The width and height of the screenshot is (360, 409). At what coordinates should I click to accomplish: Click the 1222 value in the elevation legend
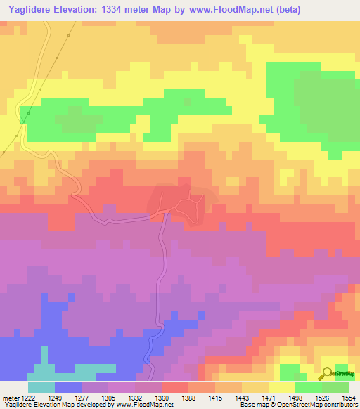pyautogui.click(x=21, y=398)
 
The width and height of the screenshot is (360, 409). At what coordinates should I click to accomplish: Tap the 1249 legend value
pyautogui.click(x=67, y=398)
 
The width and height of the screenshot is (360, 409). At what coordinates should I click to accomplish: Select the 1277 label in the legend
pyautogui.click(x=94, y=398)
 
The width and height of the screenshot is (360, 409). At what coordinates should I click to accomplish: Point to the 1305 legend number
pyautogui.click(x=121, y=398)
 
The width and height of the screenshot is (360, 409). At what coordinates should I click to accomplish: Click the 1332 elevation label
pyautogui.click(x=148, y=398)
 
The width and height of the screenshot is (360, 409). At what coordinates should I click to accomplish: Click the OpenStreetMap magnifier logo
pyautogui.click(x=328, y=374)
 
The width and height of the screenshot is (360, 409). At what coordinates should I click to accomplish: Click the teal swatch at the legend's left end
pyautogui.click(x=41, y=387)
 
